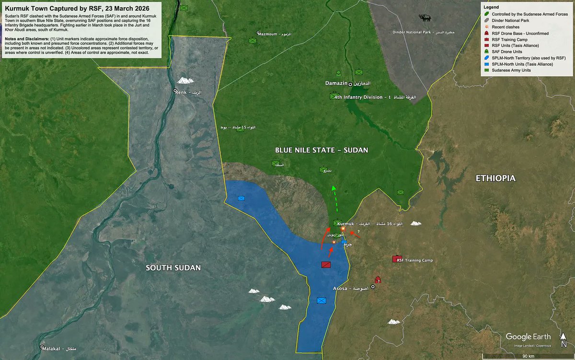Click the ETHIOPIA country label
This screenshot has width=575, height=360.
(x=495, y=178)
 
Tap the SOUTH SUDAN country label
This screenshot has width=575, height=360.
(x=173, y=267)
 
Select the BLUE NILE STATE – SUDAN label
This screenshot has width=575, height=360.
(x=322, y=150)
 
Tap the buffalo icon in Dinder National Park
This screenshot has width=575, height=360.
(x=424, y=18)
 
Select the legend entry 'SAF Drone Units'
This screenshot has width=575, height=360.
(x=506, y=51)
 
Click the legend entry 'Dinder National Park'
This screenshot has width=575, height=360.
(x=511, y=22)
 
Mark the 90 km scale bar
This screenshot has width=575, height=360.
(x=528, y=355)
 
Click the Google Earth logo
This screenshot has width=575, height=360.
(x=528, y=337)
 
